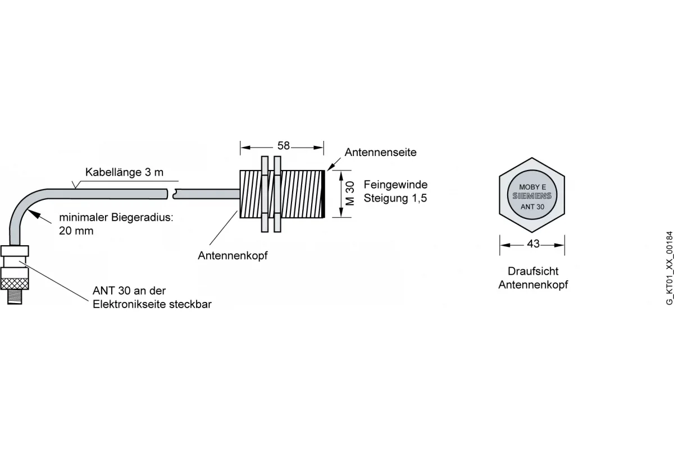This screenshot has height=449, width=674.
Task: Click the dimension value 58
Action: (284, 146)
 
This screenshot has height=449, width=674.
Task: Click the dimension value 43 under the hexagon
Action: (533, 244)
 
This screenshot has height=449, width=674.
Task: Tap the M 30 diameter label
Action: (350, 194)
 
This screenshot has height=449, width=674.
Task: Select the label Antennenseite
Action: (380, 152)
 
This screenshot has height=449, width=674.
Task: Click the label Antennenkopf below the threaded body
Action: (233, 255)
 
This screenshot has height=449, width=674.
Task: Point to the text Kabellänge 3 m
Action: (124, 172)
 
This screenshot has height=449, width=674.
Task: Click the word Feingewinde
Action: (395, 184)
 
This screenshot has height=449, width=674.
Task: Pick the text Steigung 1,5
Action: (395, 198)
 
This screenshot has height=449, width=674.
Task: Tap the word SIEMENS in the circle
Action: (532, 196)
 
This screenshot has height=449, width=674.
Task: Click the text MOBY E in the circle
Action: (532, 187)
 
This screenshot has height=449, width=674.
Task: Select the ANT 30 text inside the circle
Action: (532, 207)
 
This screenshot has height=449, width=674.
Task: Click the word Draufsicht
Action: (533, 271)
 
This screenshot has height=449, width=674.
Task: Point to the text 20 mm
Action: (76, 231)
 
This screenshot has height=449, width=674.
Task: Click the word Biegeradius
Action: (142, 217)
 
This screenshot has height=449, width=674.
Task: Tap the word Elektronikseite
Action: (129, 304)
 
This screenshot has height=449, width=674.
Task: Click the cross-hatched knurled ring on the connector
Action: (15, 283)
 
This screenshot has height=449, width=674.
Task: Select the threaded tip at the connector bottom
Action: (15, 297)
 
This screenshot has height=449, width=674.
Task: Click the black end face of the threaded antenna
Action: (323, 194)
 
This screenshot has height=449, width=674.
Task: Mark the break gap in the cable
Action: (171, 194)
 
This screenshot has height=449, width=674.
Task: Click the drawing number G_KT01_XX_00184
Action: (670, 268)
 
